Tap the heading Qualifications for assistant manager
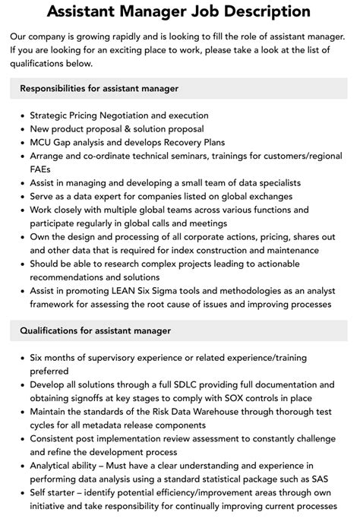coord(95,331)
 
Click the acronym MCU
coord(42,142)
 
